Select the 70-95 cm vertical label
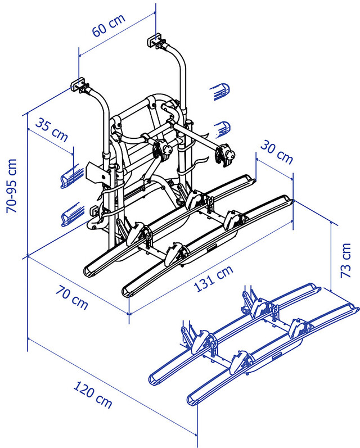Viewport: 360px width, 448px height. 11,185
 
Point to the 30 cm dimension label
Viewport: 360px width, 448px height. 276,152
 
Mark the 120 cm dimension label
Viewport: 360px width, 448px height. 93,395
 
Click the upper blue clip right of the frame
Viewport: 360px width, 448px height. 220,90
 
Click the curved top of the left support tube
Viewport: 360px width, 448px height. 99,101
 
